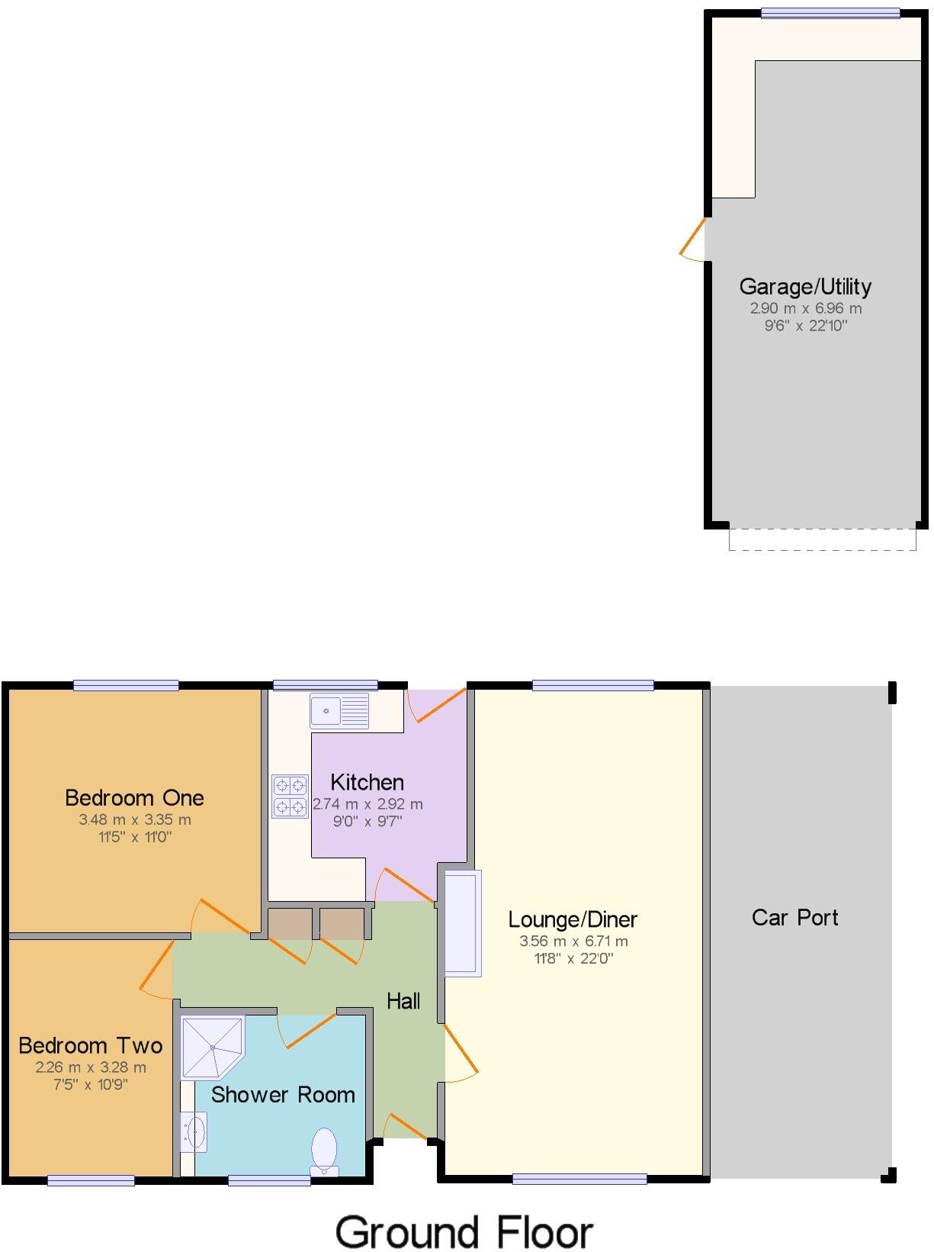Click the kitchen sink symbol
[339, 710]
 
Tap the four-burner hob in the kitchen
[290, 796]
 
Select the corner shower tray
[211, 1046]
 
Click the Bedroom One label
[134, 798]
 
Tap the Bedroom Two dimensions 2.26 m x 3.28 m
[91, 1067]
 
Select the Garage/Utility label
[805, 287]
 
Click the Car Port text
[794, 917]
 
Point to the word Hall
[403, 1001]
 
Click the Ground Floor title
[464, 1232]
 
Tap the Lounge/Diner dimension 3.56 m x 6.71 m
[573, 941]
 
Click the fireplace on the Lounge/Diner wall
[463, 923]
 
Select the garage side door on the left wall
[695, 240]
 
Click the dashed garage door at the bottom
[822, 539]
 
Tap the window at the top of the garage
[830, 13]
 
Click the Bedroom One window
[126, 685]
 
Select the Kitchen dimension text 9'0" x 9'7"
[368, 821]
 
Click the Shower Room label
[283, 1095]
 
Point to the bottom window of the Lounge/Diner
[579, 1179]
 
